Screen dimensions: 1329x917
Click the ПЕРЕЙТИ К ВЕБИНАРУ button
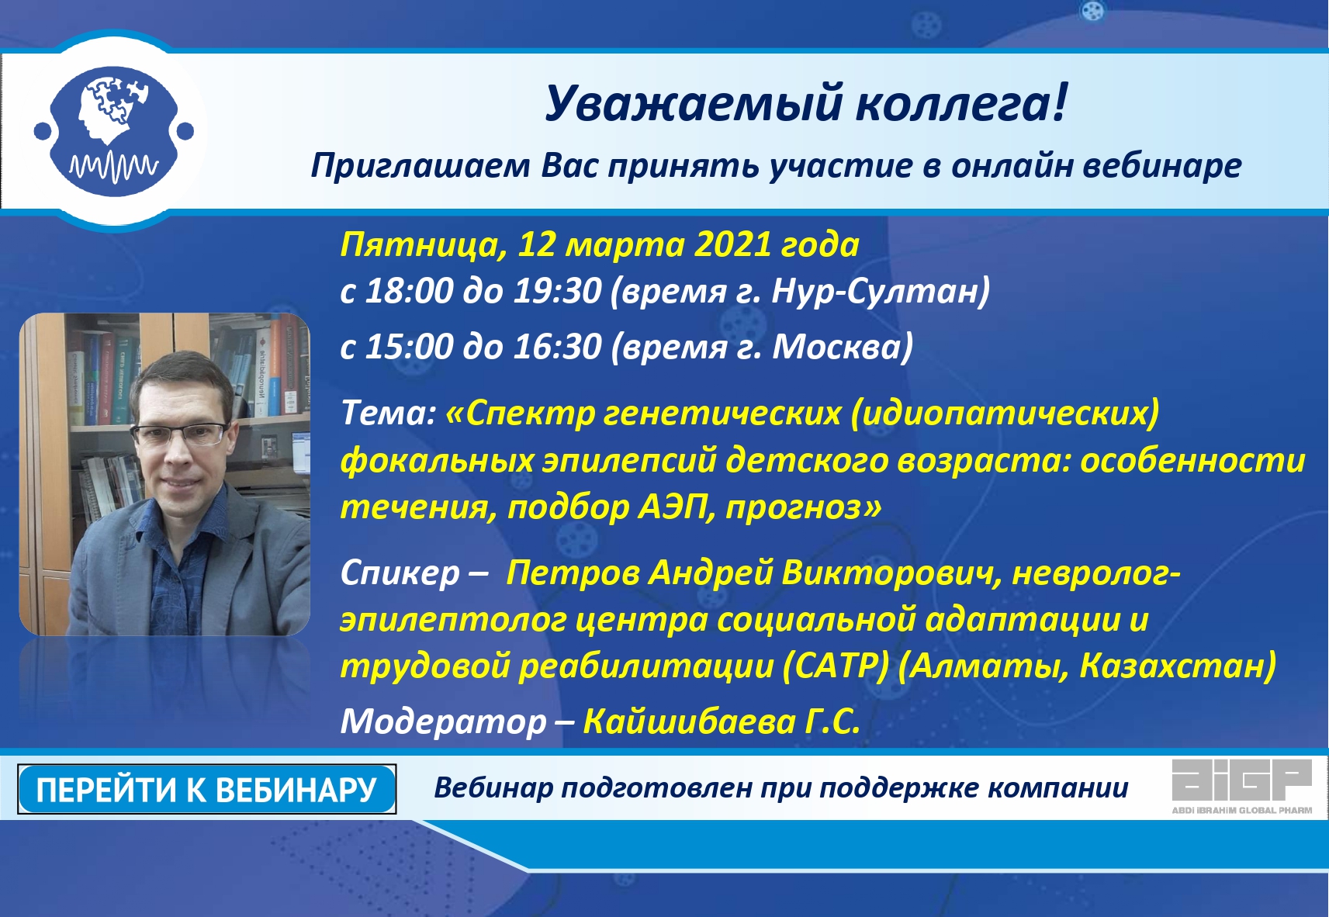point(207,789)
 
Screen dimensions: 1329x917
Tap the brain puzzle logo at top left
point(114,131)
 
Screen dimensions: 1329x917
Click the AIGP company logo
point(1242,787)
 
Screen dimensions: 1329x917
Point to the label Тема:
point(389,413)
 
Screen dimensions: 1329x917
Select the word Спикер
point(400,573)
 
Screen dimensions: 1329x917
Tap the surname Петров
point(572,573)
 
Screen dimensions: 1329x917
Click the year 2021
point(732,244)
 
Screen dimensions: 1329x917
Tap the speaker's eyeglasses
point(180,434)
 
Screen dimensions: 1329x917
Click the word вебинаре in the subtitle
point(1162,165)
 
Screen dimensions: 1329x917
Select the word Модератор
point(443,722)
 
